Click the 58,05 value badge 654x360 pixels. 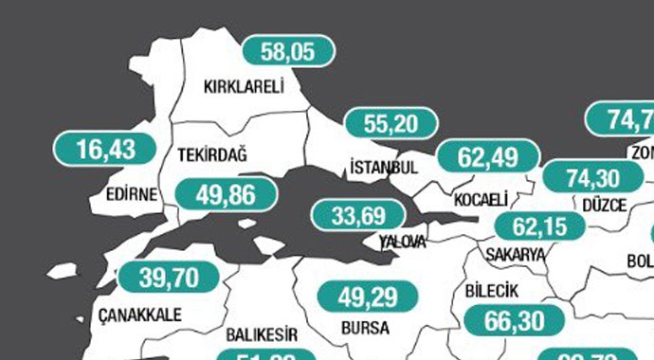(x=289, y=51)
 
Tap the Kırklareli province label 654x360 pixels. (x=245, y=87)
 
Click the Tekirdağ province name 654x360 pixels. (x=212, y=154)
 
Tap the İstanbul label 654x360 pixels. (x=384, y=167)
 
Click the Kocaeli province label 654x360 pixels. (x=481, y=199)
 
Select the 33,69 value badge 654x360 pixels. (x=360, y=215)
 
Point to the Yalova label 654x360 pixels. (x=403, y=242)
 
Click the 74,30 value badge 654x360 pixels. (x=590, y=177)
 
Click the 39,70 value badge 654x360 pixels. (x=167, y=278)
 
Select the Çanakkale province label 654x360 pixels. (x=139, y=315)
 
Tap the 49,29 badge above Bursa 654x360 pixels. (x=365, y=297)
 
